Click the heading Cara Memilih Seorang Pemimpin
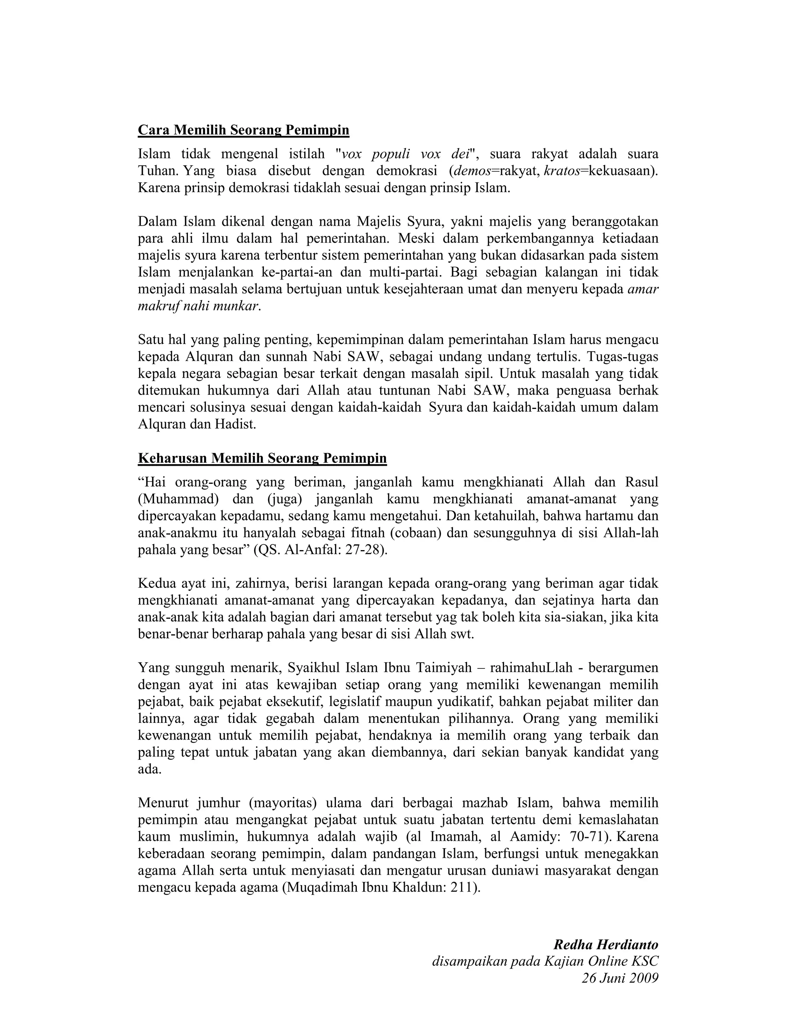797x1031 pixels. tap(243, 130)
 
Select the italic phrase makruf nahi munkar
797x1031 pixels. tap(198, 306)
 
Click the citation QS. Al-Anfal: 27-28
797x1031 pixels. tap(320, 551)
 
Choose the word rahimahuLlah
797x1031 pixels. tap(531, 668)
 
